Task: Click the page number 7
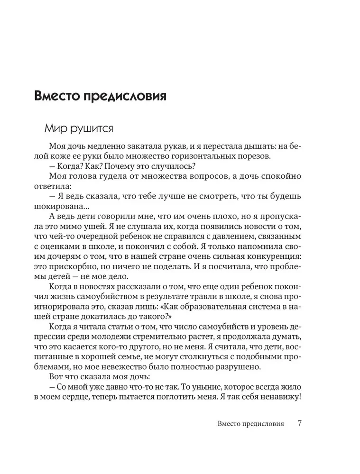300,423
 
